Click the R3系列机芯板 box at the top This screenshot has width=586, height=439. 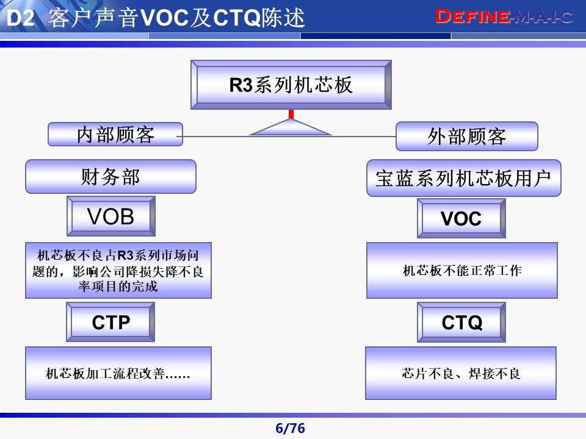coord(291,85)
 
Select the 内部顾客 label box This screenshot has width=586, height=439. coord(115,134)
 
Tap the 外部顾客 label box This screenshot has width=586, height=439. coord(466,136)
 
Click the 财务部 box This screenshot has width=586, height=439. coord(110,177)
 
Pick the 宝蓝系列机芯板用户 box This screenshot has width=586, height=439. coord(463,178)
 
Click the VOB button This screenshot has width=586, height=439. coord(110,216)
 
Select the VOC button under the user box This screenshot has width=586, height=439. coord(461,218)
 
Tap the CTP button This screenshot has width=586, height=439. coord(110,322)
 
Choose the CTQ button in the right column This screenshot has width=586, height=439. coord(461,322)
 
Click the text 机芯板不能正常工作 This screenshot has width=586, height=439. coord(462,271)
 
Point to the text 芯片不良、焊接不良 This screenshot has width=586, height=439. coord(461,373)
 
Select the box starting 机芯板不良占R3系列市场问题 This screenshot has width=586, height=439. coord(118,271)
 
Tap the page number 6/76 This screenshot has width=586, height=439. coord(290,429)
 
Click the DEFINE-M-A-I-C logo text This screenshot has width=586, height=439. coord(505,17)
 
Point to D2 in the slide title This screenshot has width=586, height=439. coord(20,19)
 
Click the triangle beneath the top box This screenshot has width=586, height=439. coord(291,128)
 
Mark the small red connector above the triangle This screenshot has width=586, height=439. coord(291,114)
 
